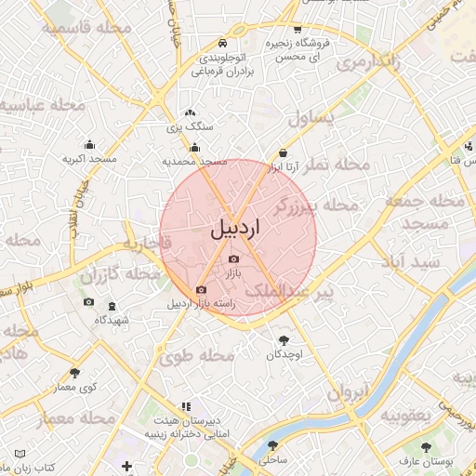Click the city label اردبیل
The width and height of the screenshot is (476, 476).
(237, 227)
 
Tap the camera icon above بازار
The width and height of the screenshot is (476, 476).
(233, 258)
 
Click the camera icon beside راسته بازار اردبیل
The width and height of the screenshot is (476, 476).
(201, 289)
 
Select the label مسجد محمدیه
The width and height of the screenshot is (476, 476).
(195, 161)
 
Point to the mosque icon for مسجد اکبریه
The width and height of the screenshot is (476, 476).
(89, 144)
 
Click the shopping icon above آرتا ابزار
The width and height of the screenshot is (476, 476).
(283, 153)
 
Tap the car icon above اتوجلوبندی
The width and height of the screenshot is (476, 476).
(221, 44)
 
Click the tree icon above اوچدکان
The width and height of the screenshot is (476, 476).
(284, 340)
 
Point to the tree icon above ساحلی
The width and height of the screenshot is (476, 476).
(275, 446)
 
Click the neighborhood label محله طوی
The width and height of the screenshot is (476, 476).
(196, 355)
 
